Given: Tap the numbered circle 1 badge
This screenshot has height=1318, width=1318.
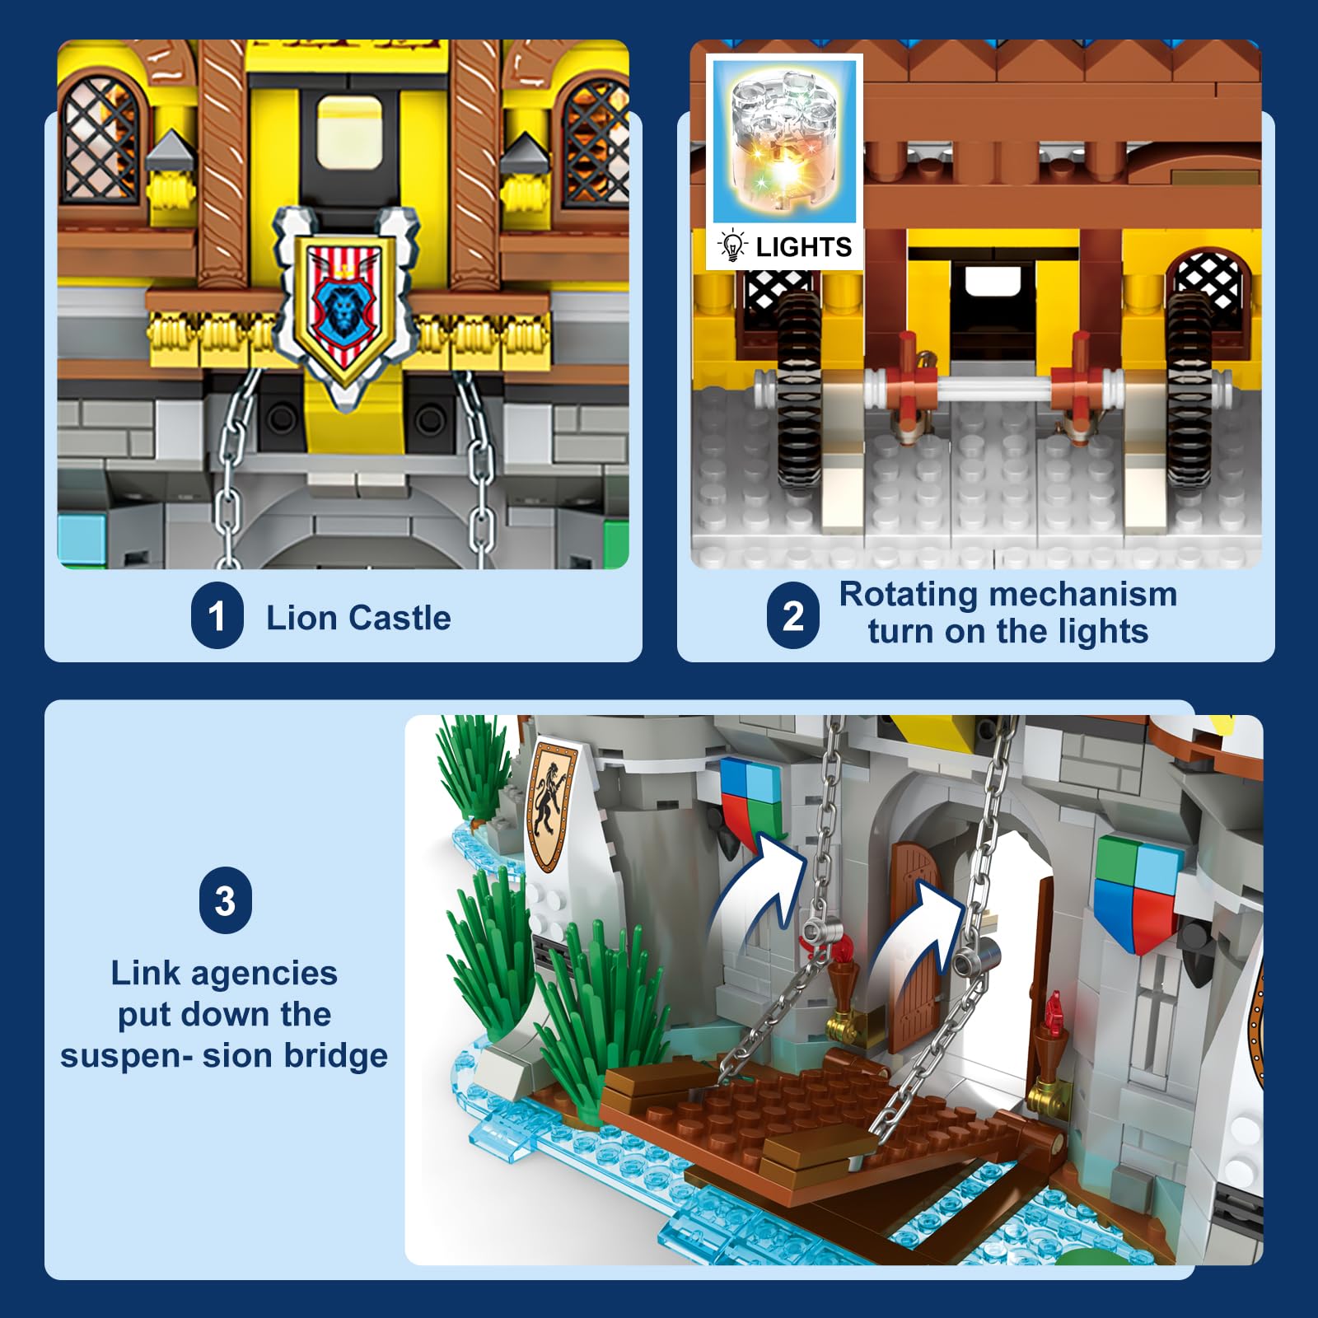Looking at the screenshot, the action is [217, 615].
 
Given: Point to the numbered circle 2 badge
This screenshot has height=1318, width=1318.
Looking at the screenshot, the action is [792, 615].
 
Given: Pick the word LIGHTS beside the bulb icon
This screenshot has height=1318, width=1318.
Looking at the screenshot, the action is [803, 247].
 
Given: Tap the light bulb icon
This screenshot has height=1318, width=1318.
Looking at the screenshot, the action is [731, 246].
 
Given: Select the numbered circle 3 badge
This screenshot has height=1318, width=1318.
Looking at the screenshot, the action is [225, 900].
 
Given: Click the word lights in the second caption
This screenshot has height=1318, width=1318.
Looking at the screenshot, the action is [1103, 633].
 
